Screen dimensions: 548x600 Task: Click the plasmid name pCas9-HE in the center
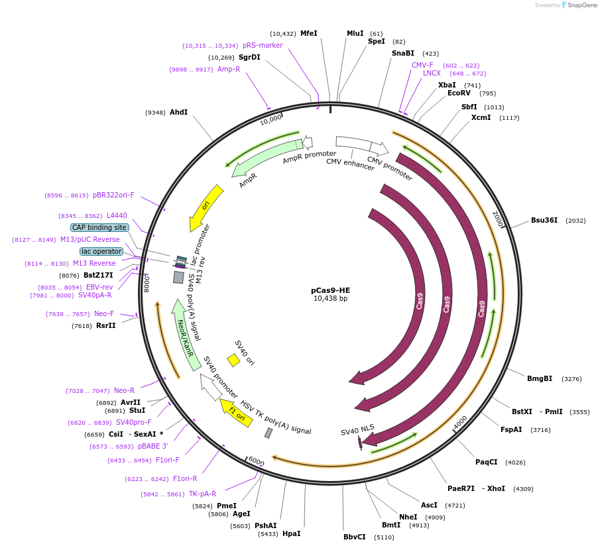330,290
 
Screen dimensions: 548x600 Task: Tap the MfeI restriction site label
309,33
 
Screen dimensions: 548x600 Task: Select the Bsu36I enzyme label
544,220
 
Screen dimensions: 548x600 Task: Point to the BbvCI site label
355,537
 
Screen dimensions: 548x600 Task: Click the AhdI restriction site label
179,112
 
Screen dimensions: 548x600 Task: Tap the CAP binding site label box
100,227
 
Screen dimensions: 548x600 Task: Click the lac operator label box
101,251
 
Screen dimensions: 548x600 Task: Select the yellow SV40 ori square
233,360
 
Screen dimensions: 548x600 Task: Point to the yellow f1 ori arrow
236,411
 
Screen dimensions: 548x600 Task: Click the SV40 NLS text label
357,431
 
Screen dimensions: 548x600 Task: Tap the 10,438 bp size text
330,299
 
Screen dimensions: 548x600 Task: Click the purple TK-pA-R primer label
202,494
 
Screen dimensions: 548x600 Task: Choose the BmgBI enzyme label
540,379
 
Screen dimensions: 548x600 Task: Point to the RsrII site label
105,325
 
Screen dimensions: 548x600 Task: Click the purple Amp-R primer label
229,69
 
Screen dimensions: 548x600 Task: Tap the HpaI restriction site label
291,533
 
